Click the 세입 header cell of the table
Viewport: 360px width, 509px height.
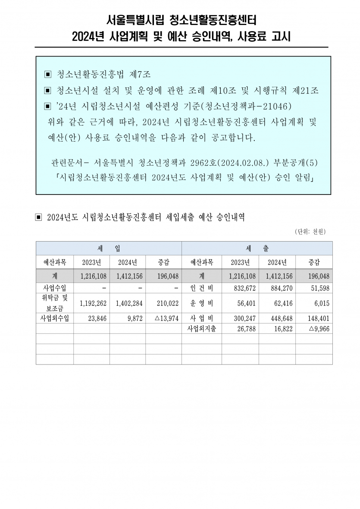tap(109, 248)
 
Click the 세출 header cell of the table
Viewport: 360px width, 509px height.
tap(257, 248)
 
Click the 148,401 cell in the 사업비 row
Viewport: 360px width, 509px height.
tap(317, 319)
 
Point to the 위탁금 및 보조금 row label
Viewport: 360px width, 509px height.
tap(55, 303)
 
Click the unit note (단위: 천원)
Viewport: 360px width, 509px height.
tap(310, 232)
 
